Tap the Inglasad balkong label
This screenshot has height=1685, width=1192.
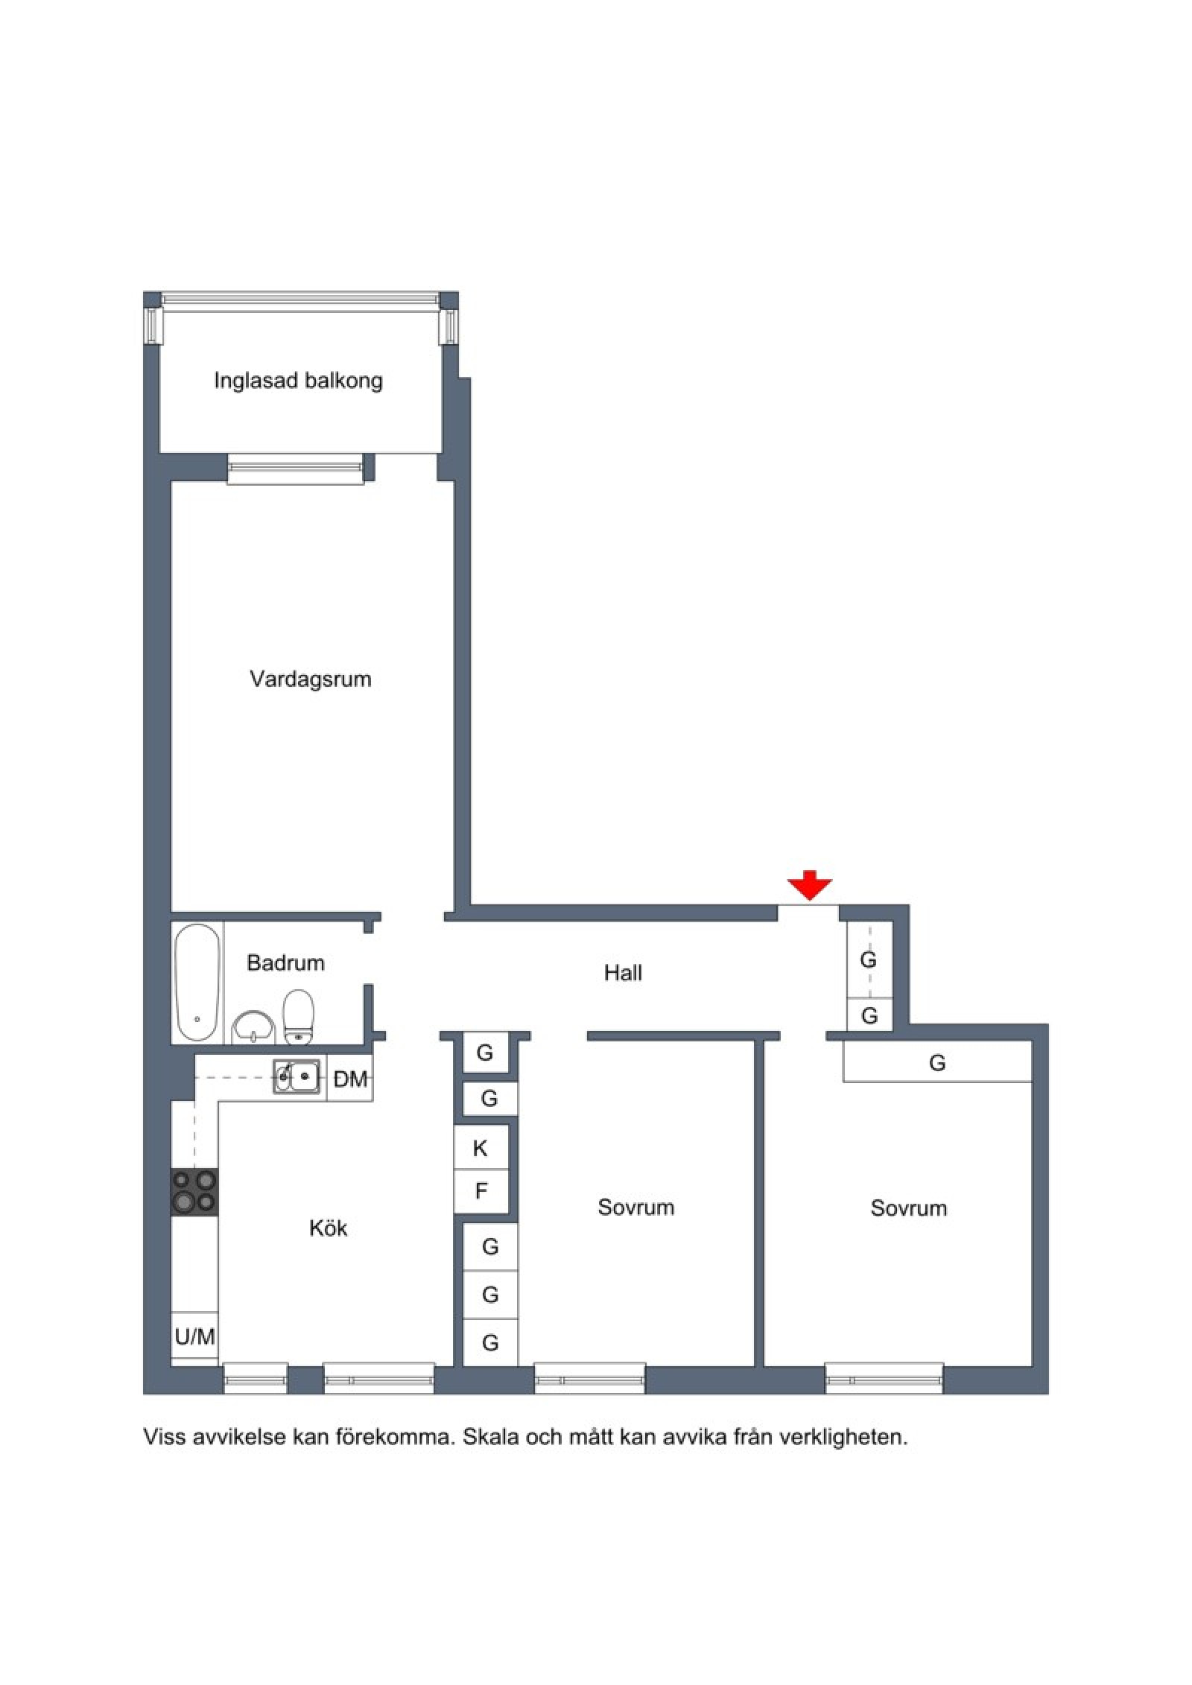(x=298, y=381)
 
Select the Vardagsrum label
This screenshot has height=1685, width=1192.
(x=310, y=679)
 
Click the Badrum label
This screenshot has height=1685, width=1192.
(x=285, y=963)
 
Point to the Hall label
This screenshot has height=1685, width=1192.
(x=623, y=973)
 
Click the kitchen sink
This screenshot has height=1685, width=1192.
(x=297, y=1076)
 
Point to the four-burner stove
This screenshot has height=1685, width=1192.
(x=194, y=1193)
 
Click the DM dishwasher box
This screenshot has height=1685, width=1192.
(x=350, y=1078)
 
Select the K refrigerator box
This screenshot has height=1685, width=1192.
(x=481, y=1148)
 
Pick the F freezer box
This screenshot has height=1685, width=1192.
(x=481, y=1192)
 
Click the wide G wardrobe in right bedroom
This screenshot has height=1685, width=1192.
(x=937, y=1062)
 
